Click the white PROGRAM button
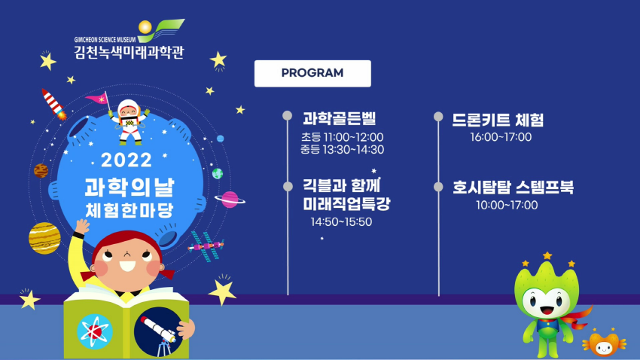click(x=312, y=74)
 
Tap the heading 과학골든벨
click(x=339, y=118)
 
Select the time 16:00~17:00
click(x=501, y=137)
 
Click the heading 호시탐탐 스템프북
click(x=513, y=187)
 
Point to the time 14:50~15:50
click(x=341, y=221)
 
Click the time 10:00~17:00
click(x=507, y=205)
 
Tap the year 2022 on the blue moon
click(x=126, y=160)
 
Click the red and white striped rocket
click(x=54, y=104)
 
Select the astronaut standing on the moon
click(x=130, y=122)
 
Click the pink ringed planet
click(x=230, y=200)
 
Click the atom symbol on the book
click(x=95, y=331)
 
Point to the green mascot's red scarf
click(x=577, y=317)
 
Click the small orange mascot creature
click(x=604, y=343)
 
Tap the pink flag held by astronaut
click(x=96, y=98)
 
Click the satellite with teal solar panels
click(x=207, y=246)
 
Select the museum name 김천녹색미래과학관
click(x=129, y=52)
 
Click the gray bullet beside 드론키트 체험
click(x=438, y=117)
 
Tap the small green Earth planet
click(x=218, y=173)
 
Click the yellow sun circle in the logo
click(x=145, y=27)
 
